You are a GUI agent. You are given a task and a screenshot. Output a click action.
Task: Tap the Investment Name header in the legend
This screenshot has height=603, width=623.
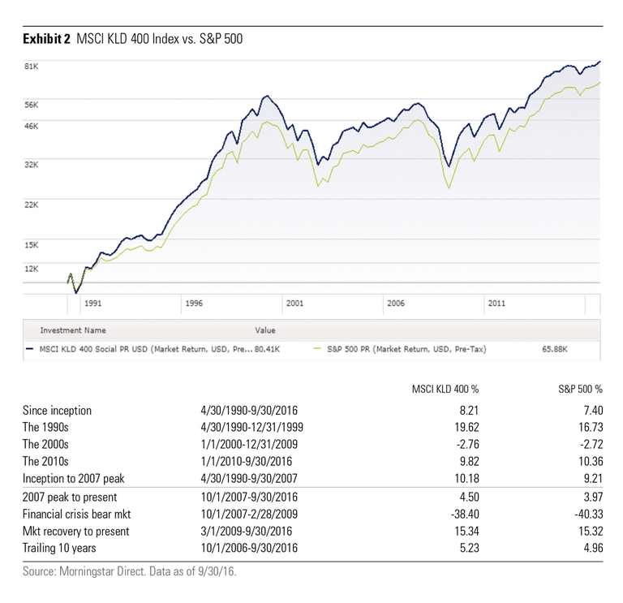73,330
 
